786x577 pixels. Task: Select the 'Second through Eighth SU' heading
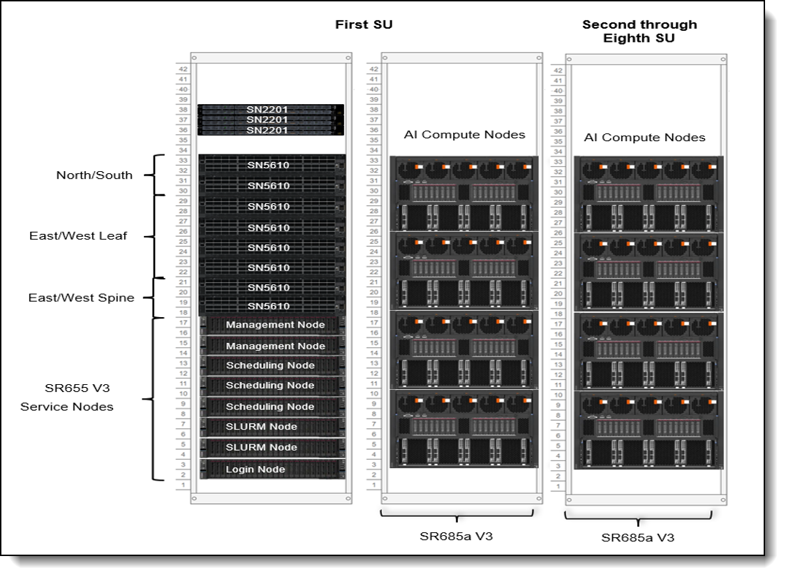click(639, 31)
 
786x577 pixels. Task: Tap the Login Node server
click(272, 469)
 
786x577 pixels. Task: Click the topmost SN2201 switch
click(271, 109)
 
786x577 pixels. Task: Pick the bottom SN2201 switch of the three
click(271, 130)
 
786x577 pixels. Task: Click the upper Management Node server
click(272, 325)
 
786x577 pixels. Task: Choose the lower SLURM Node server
click(272, 447)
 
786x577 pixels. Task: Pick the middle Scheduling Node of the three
click(272, 386)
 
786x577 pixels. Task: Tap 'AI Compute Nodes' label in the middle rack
click(464, 134)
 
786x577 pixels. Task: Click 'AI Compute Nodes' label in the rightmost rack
click(644, 138)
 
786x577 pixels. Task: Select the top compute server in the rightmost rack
click(648, 194)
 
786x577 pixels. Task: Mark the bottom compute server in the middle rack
click(464, 429)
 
